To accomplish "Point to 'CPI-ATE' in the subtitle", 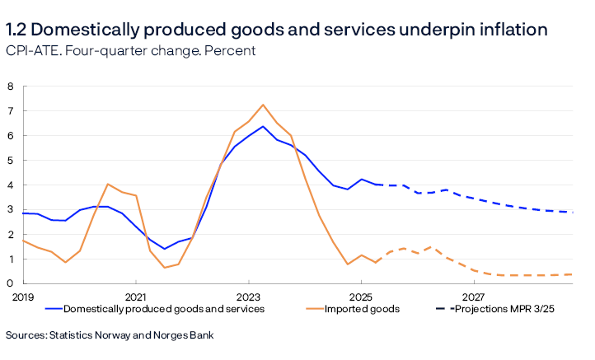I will (28, 51).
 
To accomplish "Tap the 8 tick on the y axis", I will (12, 86).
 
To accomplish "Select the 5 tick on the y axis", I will (12, 161).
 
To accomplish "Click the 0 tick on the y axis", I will (12, 284).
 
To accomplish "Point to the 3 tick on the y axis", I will (12, 210).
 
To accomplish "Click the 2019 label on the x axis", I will (22, 296).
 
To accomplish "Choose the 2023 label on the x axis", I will (248, 296).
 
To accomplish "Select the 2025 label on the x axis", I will (361, 296).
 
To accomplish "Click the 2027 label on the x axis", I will (474, 296).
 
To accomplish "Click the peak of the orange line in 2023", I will (262, 105).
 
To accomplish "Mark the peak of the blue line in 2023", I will (262, 126).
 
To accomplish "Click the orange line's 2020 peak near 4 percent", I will (108, 185).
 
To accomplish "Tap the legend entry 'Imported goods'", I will (362, 310).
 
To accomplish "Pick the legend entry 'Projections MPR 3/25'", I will (508, 310).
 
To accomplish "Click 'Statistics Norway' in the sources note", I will (90, 335).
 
